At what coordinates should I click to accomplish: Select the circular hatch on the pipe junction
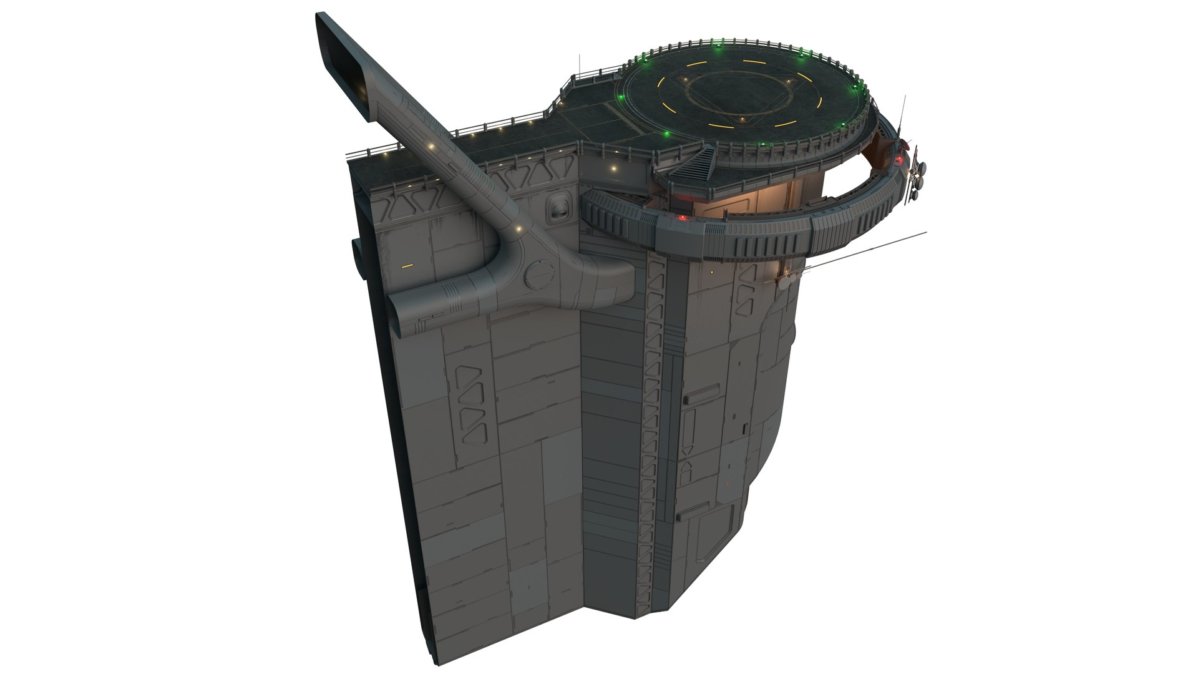pyautogui.click(x=538, y=274)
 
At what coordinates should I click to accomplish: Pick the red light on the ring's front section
pyautogui.click(x=683, y=218)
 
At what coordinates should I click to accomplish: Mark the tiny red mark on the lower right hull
pyautogui.click(x=727, y=483)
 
